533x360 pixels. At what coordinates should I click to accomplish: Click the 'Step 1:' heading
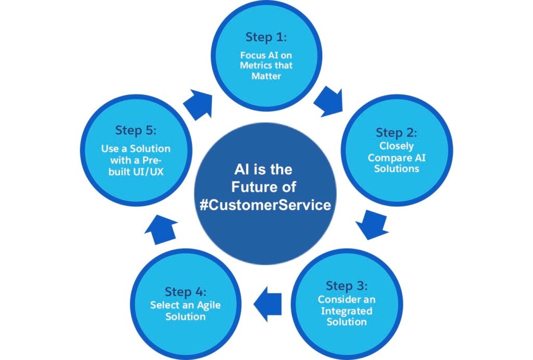(266, 37)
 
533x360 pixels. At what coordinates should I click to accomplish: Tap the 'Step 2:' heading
(396, 133)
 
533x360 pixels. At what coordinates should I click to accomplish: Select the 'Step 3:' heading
(347, 286)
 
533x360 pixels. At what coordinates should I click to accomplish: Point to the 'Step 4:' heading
(186, 292)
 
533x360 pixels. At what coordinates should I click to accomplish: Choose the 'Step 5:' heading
(136, 130)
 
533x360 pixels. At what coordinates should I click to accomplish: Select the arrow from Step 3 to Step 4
(268, 304)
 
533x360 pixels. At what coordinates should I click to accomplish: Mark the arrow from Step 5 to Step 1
(198, 105)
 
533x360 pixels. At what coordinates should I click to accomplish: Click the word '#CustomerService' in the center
(265, 205)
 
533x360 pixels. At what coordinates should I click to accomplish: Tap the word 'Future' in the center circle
(253, 187)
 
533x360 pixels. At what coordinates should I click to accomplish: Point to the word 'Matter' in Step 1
(266, 76)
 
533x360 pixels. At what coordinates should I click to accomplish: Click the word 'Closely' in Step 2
(397, 146)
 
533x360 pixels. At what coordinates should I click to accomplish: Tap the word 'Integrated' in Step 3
(347, 311)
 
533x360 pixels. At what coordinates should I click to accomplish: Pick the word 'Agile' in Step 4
(209, 306)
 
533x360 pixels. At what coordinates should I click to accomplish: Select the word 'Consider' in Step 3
(334, 300)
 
